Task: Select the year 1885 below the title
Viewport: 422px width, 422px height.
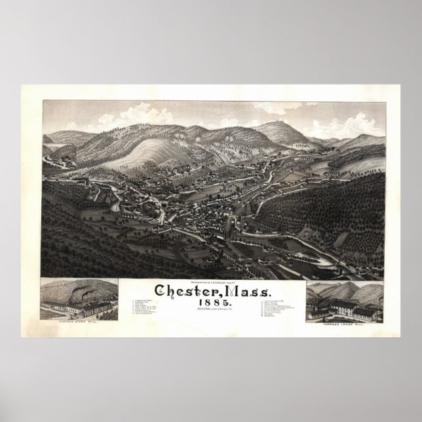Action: point(211,284)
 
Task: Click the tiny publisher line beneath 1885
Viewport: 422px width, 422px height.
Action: point(211,291)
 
